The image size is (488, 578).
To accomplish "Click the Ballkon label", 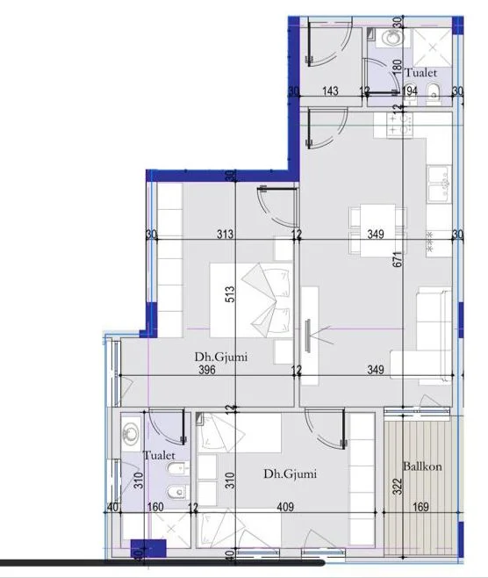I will [x=422, y=466].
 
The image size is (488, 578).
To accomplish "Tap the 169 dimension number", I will [x=422, y=506].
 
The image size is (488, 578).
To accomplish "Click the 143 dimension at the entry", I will [x=330, y=90].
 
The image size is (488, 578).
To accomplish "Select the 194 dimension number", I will [x=410, y=90].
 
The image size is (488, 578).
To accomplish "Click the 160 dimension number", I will [x=155, y=506].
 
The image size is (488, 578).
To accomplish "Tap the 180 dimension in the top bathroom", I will [x=397, y=68].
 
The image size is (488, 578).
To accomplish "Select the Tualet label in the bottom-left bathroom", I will [x=160, y=456].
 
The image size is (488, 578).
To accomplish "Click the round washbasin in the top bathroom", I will [x=389, y=39].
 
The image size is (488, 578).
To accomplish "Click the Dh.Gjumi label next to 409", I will [x=290, y=474].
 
